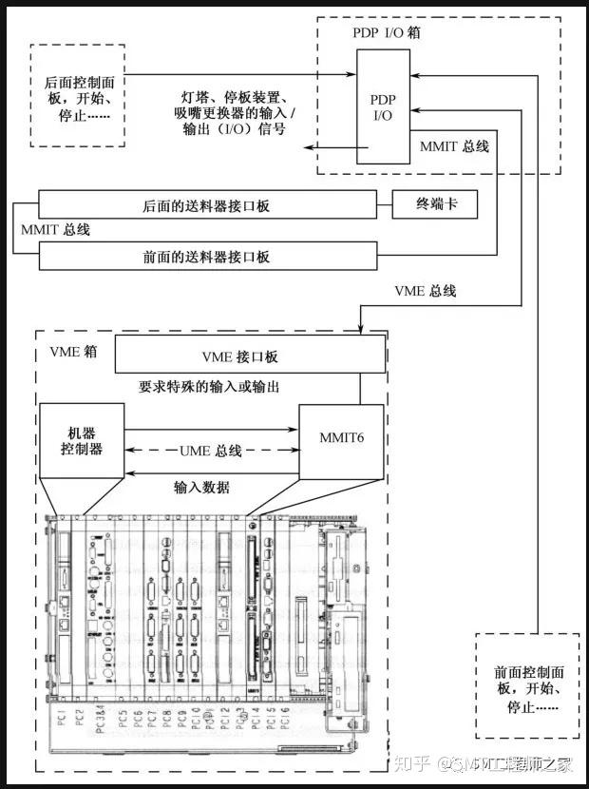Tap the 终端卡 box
pos(434,204)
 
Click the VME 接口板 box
pos(251,357)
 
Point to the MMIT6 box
pos(341,438)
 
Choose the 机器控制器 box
pos(83,438)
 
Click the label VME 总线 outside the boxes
pos(425,292)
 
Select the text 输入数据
pos(201,487)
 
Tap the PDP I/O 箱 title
pos(387,33)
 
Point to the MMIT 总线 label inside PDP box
pos(454,146)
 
